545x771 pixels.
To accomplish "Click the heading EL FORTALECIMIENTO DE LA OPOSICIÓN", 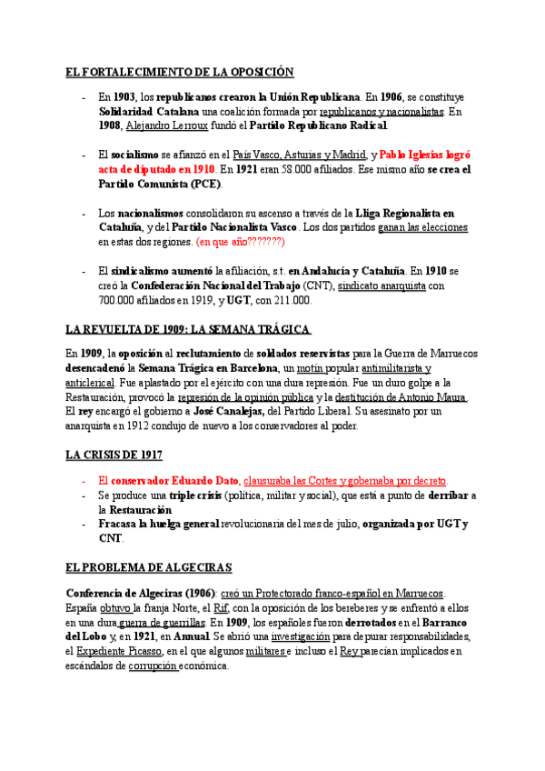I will [180, 72].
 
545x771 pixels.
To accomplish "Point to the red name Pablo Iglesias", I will [412, 155].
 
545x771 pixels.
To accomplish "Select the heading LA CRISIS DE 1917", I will [114, 454].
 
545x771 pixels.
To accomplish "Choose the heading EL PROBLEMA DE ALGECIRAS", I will [148, 567].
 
